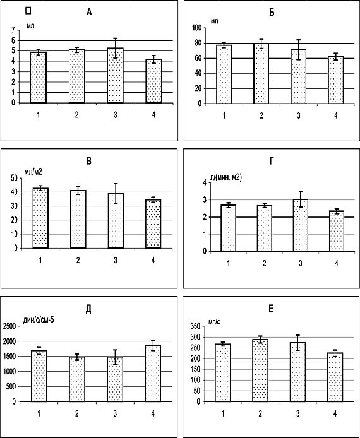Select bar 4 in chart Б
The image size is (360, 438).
(335, 80)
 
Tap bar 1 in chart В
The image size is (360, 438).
(40, 218)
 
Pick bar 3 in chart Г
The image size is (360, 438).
(301, 225)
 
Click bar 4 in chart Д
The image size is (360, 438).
(153, 374)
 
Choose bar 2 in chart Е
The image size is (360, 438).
(260, 370)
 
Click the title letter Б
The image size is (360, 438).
(272, 13)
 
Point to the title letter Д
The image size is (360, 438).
(88, 311)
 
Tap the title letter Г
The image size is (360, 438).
(271, 161)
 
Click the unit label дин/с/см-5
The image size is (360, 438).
(39, 320)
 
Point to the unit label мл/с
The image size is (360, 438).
(214, 322)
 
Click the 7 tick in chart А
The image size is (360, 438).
(13, 30)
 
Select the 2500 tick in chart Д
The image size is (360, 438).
(9, 326)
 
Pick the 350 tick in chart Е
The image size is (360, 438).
(195, 326)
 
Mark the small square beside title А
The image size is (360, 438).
(28, 10)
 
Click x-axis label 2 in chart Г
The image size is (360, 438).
(265, 263)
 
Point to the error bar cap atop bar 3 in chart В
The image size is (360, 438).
(116, 184)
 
